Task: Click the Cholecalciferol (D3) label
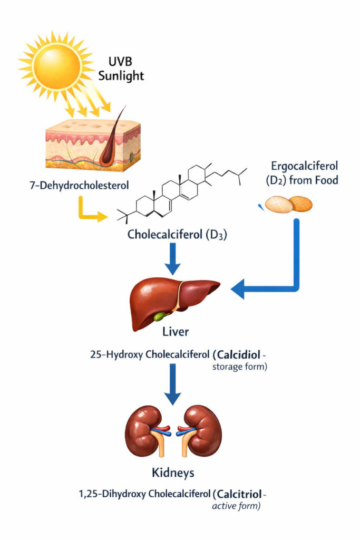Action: [177, 235]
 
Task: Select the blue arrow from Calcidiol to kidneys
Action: [172, 390]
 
